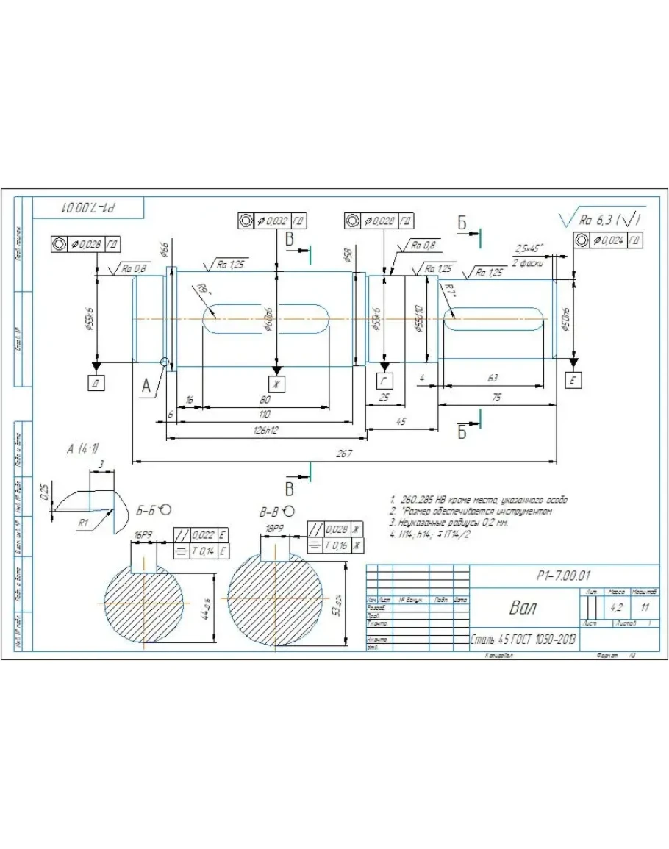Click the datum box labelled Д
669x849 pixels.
click(96, 382)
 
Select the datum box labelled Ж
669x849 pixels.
click(277, 383)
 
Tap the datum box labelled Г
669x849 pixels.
click(384, 380)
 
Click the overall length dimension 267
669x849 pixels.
click(343, 454)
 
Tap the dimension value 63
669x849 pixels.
click(493, 378)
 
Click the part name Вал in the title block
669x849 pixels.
click(523, 609)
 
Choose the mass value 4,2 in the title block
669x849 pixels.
click(616, 608)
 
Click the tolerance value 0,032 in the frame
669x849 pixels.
click(275, 221)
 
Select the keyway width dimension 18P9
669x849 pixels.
click(274, 528)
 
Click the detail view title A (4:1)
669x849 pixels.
click(82, 449)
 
